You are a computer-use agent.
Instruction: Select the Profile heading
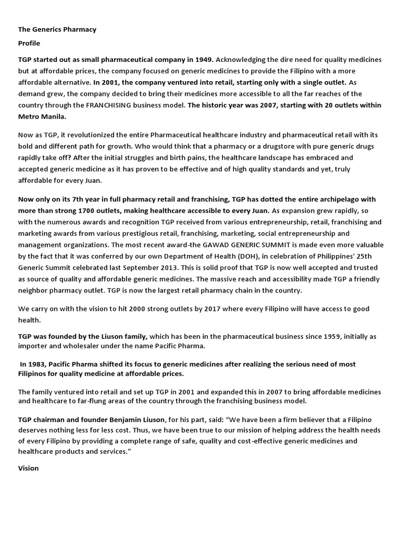click(29, 43)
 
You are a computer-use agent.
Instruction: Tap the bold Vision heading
click(29, 468)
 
